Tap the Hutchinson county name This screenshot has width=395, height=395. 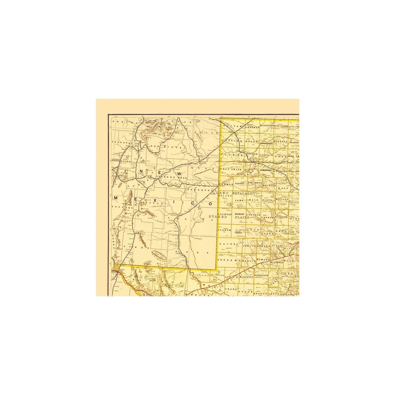[267, 143]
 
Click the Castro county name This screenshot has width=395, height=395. [239, 184]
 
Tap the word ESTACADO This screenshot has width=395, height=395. [242, 193]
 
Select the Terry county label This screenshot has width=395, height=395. [238, 233]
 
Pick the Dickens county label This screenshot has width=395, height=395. [282, 217]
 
